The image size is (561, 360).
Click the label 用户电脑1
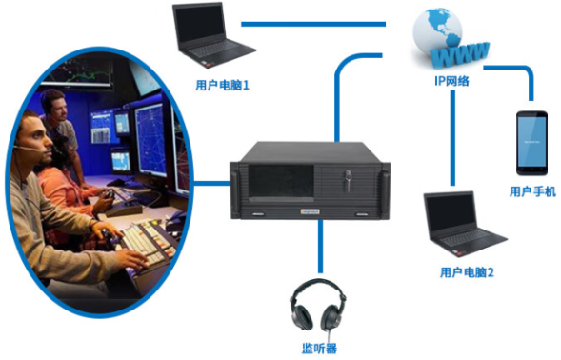[221, 86]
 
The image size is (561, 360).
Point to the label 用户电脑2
[467, 272]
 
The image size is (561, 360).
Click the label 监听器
[321, 349]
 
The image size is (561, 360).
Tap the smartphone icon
[532, 144]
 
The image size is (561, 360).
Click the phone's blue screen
[532, 143]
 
